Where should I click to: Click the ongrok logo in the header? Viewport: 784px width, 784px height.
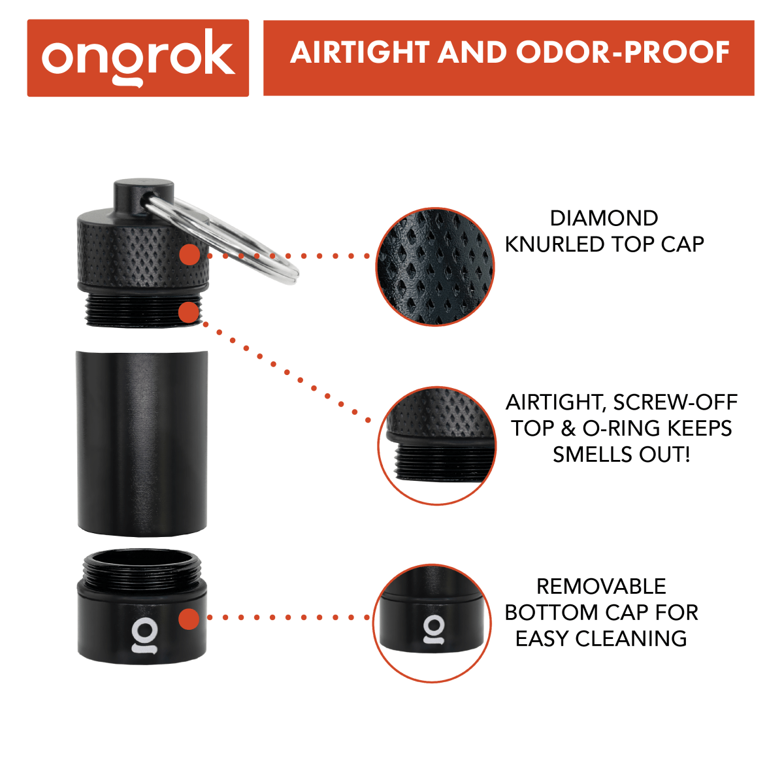[x=138, y=57]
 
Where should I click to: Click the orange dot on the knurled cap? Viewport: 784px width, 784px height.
[x=189, y=255]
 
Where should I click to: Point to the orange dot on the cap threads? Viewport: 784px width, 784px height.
[x=189, y=312]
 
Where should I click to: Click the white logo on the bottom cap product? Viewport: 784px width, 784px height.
[x=144, y=635]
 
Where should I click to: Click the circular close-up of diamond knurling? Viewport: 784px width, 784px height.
[x=435, y=267]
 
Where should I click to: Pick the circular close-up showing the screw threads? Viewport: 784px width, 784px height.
[x=437, y=446]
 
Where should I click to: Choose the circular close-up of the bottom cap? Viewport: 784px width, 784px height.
[x=432, y=623]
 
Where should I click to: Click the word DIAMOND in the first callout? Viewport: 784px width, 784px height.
[x=604, y=218]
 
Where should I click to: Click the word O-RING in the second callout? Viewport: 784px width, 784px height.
[x=621, y=429]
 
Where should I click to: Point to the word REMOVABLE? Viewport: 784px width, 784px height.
[x=601, y=587]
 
